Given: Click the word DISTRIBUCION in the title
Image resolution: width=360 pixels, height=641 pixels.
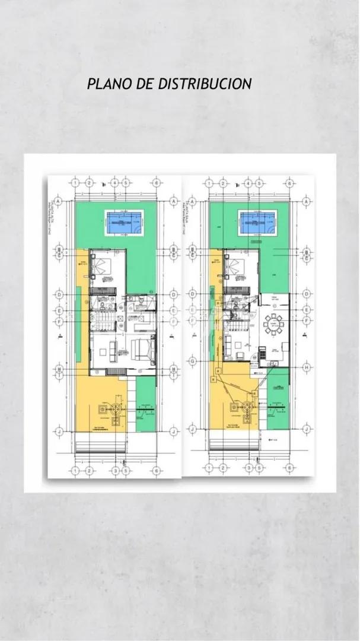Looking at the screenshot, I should [205, 84].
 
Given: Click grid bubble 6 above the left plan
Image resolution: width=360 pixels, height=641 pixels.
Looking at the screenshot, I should [155, 182].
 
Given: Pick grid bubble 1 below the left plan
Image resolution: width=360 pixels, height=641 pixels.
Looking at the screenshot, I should [75, 470].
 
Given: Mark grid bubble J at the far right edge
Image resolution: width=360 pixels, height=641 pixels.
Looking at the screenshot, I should [306, 429].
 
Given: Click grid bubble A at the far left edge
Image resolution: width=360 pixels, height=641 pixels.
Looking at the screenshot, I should [59, 202].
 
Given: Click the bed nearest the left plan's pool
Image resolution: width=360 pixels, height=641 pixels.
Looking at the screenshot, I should [106, 268].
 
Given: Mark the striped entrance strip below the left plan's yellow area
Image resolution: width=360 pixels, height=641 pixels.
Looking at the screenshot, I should [101, 444].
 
